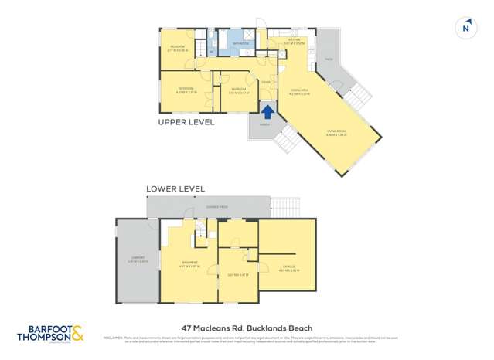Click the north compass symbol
465,28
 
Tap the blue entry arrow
267,111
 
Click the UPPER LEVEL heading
186,122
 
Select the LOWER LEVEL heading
175,188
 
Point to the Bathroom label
241,44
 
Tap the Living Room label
336,134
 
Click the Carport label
137,260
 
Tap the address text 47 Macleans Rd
247,328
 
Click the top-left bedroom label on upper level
178,48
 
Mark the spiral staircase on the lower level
201,229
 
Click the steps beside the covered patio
283,207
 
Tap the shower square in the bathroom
249,35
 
